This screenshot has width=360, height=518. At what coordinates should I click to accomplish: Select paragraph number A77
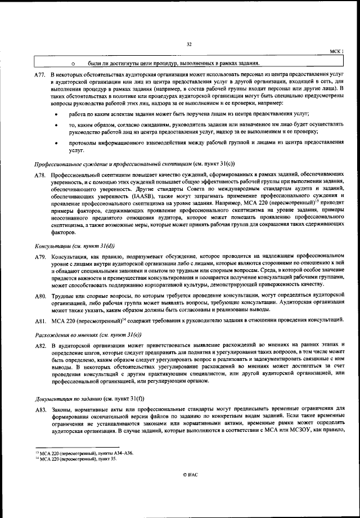click(39, 75)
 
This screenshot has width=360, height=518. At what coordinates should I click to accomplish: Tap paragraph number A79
click(39, 257)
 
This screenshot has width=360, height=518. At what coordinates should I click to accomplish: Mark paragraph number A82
click(39, 345)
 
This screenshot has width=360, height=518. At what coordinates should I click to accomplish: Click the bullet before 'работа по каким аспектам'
click(55, 113)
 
